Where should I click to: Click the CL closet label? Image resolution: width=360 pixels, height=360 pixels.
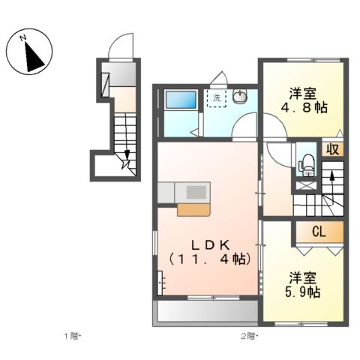[319, 232]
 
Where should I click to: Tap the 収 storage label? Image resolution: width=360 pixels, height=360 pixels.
[333, 148]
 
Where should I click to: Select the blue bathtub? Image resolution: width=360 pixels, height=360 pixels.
[180, 100]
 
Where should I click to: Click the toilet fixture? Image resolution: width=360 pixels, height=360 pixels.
[306, 163]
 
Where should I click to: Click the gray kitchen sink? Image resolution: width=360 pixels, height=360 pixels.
[194, 193]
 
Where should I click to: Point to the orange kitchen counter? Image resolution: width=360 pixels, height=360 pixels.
[193, 208]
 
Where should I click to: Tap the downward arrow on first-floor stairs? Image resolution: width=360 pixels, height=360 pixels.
[127, 154]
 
